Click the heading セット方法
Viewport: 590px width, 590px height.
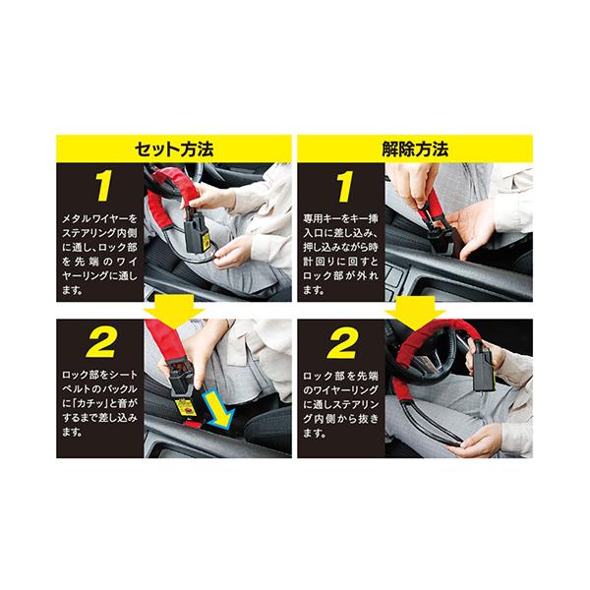click(174, 149)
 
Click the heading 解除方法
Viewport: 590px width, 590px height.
click(415, 149)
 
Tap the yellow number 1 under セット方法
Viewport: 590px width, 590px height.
click(103, 186)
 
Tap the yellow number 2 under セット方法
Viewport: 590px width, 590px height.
click(100, 343)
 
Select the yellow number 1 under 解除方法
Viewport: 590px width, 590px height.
click(344, 187)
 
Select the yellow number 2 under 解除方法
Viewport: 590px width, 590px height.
click(341, 344)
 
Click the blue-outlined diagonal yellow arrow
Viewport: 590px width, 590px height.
click(219, 410)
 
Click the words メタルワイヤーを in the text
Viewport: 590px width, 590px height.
click(99, 219)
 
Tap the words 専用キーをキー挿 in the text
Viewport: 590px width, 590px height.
click(340, 219)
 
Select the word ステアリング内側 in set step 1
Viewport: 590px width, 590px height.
click(99, 233)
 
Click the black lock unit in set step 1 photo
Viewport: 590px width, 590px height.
click(197, 233)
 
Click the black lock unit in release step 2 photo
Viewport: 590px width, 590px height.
click(483, 370)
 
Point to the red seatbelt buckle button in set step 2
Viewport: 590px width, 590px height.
click(193, 425)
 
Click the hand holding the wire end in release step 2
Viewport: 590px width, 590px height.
click(480, 441)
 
